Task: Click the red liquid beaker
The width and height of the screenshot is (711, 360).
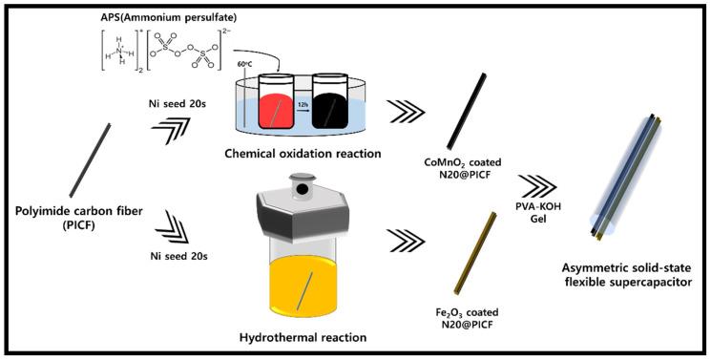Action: (275, 101)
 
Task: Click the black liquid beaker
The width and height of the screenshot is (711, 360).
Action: (330, 101)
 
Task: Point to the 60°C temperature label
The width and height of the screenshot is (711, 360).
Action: (244, 65)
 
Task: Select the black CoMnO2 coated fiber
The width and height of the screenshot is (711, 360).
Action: (467, 111)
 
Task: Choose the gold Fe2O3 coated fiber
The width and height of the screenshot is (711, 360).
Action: (474, 252)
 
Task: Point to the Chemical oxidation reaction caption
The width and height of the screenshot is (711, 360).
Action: (303, 154)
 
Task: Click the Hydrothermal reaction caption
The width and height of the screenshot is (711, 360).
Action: (303, 337)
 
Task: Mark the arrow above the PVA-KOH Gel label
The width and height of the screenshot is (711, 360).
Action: (536, 186)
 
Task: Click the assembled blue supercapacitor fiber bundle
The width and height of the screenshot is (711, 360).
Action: (625, 177)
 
